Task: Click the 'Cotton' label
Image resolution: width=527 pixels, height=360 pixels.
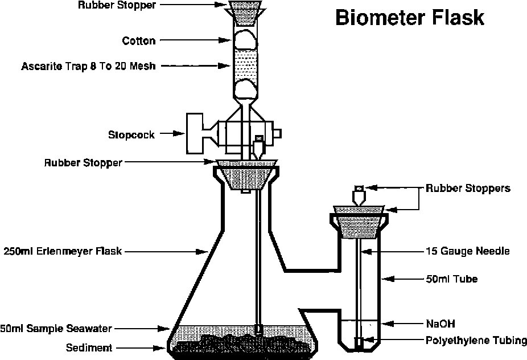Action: click(x=139, y=41)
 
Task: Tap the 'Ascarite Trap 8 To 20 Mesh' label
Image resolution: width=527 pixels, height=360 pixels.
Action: click(x=88, y=66)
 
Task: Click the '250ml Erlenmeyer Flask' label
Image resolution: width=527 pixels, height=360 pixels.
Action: click(x=63, y=250)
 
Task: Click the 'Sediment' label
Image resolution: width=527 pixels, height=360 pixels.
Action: click(x=89, y=347)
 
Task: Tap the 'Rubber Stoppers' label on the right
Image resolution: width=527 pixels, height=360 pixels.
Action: click(x=468, y=188)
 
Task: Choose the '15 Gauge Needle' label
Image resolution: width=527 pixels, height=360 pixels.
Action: click(x=467, y=250)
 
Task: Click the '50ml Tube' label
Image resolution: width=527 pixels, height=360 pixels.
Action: click(x=451, y=279)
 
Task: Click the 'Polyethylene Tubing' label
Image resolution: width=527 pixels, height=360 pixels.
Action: click(x=476, y=341)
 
